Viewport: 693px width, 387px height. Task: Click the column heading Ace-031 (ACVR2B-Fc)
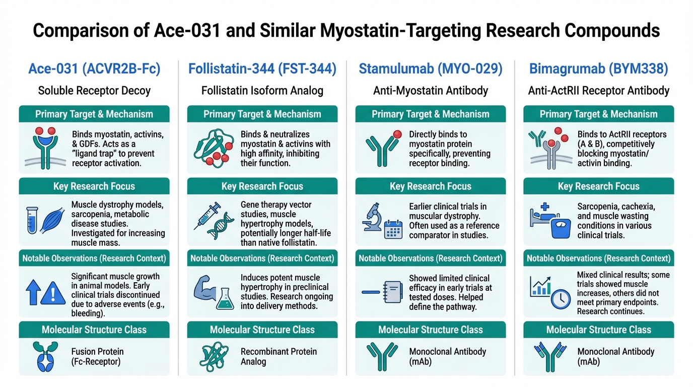coord(94,69)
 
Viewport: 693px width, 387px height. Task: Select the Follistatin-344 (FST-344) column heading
coord(262,69)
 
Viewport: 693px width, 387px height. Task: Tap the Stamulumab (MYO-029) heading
coord(430,69)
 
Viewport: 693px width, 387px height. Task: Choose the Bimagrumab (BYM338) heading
coord(598,69)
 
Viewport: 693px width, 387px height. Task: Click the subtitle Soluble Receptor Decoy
coord(94,91)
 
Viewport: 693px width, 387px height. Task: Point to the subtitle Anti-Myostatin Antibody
coord(430,91)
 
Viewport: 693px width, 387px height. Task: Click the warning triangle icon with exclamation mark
coord(53,293)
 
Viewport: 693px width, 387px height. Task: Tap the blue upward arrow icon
coord(33,293)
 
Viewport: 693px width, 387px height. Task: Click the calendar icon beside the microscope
coord(393,229)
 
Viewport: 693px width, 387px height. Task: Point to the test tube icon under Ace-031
coord(32,220)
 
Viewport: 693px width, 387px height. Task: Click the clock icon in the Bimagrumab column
coord(560,299)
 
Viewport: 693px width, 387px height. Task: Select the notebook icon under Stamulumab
coord(393,292)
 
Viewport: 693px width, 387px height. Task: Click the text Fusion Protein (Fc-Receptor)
coord(98,356)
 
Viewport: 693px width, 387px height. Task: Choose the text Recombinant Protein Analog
coord(279,356)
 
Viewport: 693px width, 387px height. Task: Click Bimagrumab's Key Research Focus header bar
coord(598,186)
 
